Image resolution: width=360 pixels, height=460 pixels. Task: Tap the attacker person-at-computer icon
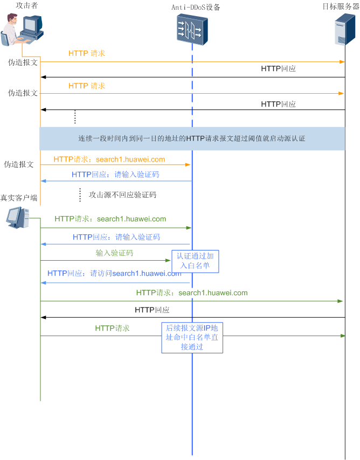tap(22, 30)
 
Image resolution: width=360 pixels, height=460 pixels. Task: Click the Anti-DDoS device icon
tap(192, 29)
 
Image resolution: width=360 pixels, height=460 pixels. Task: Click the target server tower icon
tap(344, 30)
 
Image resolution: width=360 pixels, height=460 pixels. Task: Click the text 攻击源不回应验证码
tap(122, 195)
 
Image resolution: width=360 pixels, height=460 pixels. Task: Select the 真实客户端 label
tap(19, 198)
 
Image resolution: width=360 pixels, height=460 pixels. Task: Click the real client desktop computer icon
tap(16, 217)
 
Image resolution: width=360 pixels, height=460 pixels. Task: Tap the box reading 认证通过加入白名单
tap(195, 261)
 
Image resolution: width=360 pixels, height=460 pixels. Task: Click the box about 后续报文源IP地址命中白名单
tap(192, 338)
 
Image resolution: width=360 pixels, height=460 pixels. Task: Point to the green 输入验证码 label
tap(114, 253)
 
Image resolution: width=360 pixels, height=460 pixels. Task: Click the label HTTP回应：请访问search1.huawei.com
tap(114, 273)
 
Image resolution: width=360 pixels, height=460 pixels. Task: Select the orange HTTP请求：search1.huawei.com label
tap(109, 159)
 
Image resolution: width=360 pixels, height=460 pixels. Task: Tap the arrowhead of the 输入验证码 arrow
tap(168, 261)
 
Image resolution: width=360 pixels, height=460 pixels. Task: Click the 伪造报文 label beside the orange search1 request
tap(19, 164)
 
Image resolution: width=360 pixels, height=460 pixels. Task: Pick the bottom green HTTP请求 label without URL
tap(112, 327)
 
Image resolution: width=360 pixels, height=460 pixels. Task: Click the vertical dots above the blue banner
tap(75, 117)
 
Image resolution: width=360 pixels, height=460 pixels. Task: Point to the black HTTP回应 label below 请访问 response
tap(152, 310)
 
